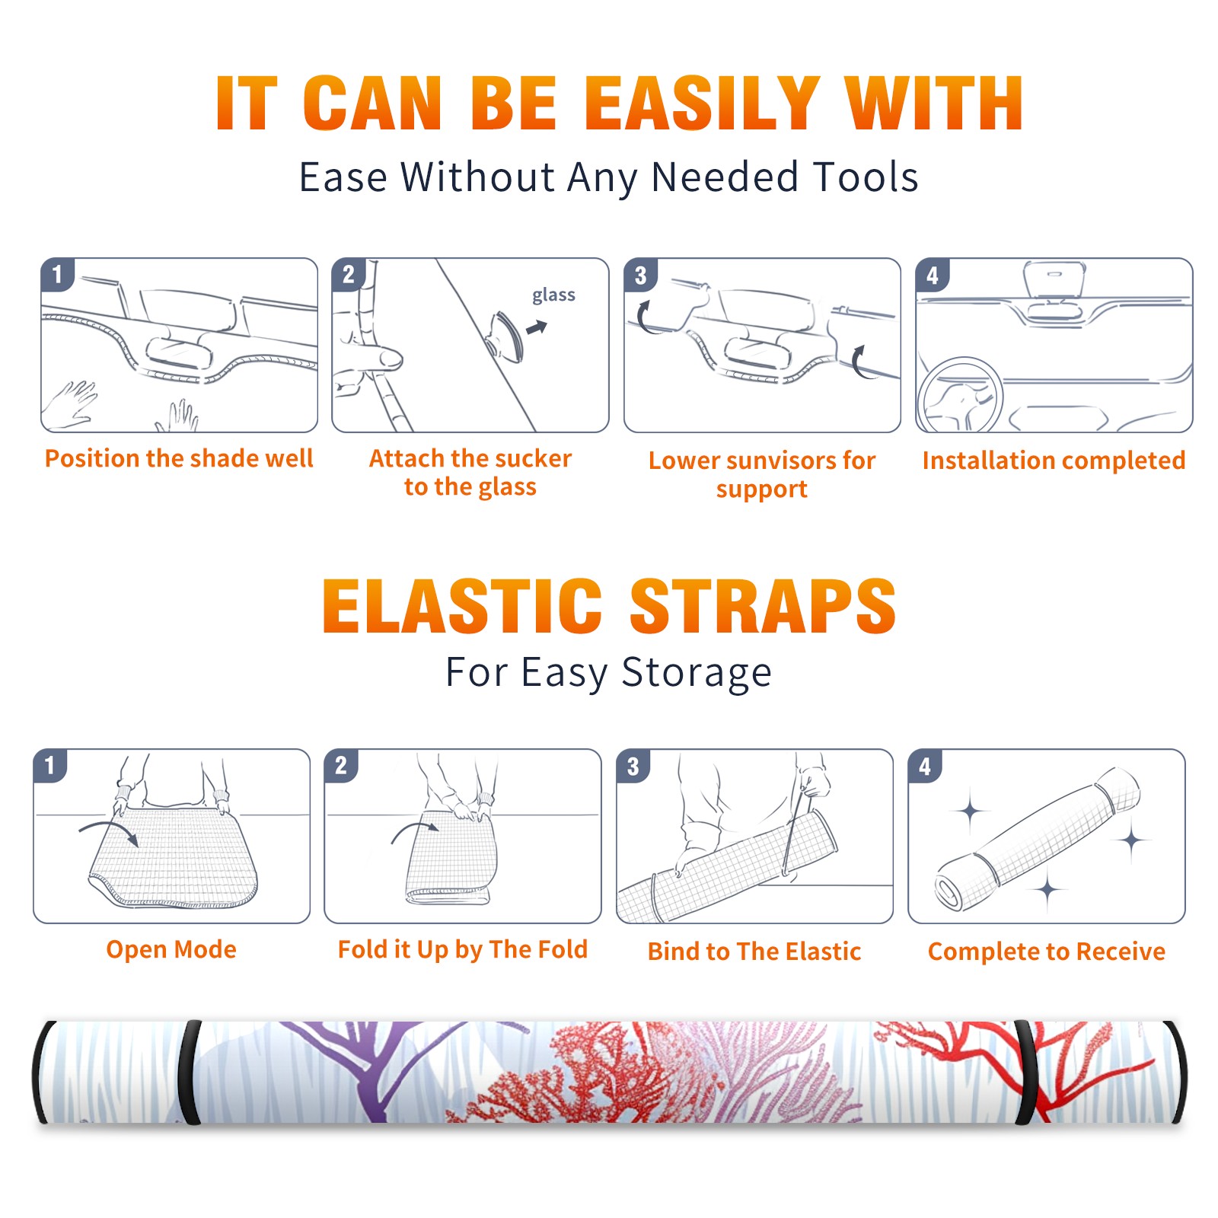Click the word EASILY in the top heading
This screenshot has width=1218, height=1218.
(x=702, y=103)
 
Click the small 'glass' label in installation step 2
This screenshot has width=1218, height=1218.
(x=553, y=295)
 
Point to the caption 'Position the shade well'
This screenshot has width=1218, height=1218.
(x=179, y=458)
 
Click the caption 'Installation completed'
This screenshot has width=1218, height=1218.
(x=1054, y=460)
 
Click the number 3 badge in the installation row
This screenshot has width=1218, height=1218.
(x=640, y=276)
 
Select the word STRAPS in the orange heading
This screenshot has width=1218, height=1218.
(x=763, y=606)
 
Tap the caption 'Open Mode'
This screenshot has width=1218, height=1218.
(x=171, y=949)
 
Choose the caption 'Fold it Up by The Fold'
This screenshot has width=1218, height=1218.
(x=463, y=949)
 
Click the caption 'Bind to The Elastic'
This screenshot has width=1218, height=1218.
(x=754, y=951)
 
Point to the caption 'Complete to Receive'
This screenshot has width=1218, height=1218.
(x=1047, y=952)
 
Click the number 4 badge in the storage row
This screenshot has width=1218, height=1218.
(x=925, y=766)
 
